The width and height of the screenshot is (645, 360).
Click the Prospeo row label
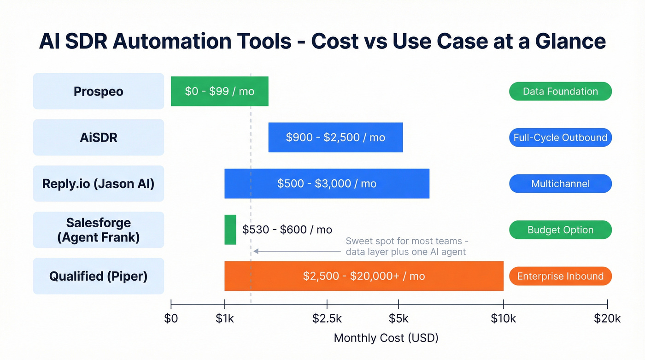pos(98,91)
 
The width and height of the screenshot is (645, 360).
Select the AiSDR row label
pos(98,137)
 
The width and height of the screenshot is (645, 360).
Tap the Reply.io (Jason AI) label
pos(98,183)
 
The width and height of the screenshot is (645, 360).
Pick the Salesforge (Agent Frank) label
pos(98,230)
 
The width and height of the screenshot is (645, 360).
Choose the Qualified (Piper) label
pos(98,276)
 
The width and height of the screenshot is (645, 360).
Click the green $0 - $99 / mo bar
pos(219,91)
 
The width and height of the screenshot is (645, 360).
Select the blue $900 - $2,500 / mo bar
pos(335,137)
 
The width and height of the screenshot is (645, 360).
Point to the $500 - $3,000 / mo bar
pos(327,183)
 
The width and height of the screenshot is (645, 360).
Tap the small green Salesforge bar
pos(230,230)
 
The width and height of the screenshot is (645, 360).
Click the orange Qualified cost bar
pos(364,276)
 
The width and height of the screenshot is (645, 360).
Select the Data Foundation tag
pos(560,91)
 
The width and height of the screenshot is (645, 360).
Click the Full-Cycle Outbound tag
pos(560,137)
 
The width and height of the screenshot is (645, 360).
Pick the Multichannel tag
pos(560,183)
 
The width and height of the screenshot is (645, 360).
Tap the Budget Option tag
pos(560,230)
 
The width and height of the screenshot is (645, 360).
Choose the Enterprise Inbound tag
pos(560,276)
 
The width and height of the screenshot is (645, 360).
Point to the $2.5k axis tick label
pos(327,319)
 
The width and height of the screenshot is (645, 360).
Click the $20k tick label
pos(607,319)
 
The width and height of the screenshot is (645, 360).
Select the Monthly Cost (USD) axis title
pos(386,338)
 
